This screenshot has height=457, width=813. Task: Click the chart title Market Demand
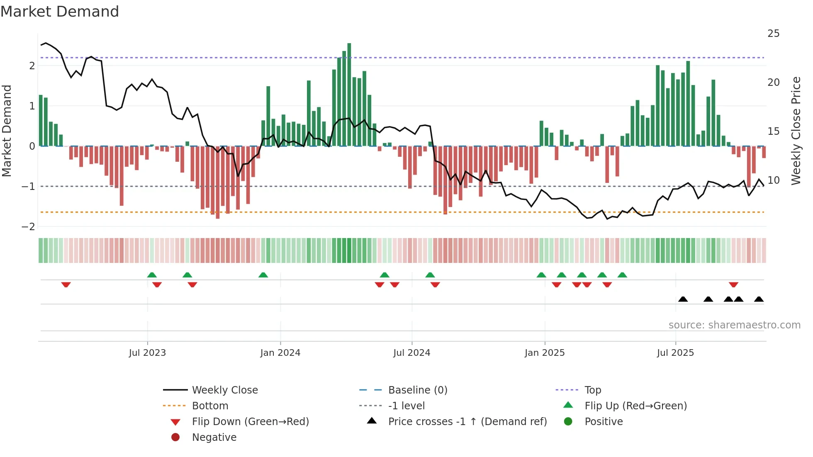coord(60,12)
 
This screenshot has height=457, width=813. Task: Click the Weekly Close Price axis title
coord(796,131)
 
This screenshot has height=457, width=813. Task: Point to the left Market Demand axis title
coord(7,131)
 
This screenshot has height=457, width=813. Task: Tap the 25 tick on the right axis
coord(773,34)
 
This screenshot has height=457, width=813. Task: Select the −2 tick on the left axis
coord(28,227)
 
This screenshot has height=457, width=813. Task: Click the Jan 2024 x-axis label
coord(280,353)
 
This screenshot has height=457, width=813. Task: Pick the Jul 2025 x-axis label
coord(675,353)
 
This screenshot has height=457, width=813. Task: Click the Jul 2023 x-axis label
coord(147,353)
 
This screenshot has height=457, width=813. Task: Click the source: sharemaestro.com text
coord(734,325)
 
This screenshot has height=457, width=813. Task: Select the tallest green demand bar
coord(349,95)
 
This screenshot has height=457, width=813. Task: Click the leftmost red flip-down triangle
coord(66,284)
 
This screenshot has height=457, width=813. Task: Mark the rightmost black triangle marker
coord(759,299)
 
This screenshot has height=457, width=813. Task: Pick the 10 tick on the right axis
coord(773,180)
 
